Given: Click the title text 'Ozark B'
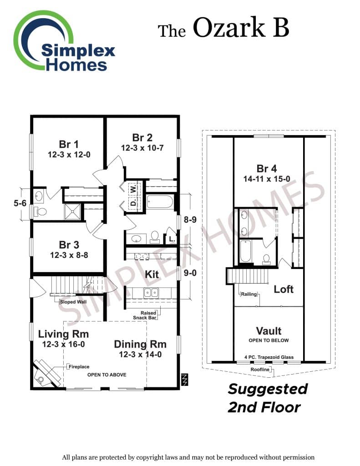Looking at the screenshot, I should tap(241, 28).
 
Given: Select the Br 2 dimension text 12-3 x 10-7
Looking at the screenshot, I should tap(142, 148).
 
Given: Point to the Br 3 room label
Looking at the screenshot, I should tap(69, 245).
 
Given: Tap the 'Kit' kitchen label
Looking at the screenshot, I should tap(152, 274).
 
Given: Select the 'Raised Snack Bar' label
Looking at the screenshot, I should tap(148, 315).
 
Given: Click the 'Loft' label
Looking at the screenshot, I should tap(284, 289).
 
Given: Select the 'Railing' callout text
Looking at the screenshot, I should tap(248, 294).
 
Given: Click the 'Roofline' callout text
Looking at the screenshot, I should tap(261, 370).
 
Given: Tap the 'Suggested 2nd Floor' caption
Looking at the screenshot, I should tap(267, 398).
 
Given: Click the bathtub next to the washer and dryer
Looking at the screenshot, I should tap(160, 201).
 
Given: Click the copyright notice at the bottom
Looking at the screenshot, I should tap(188, 457).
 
